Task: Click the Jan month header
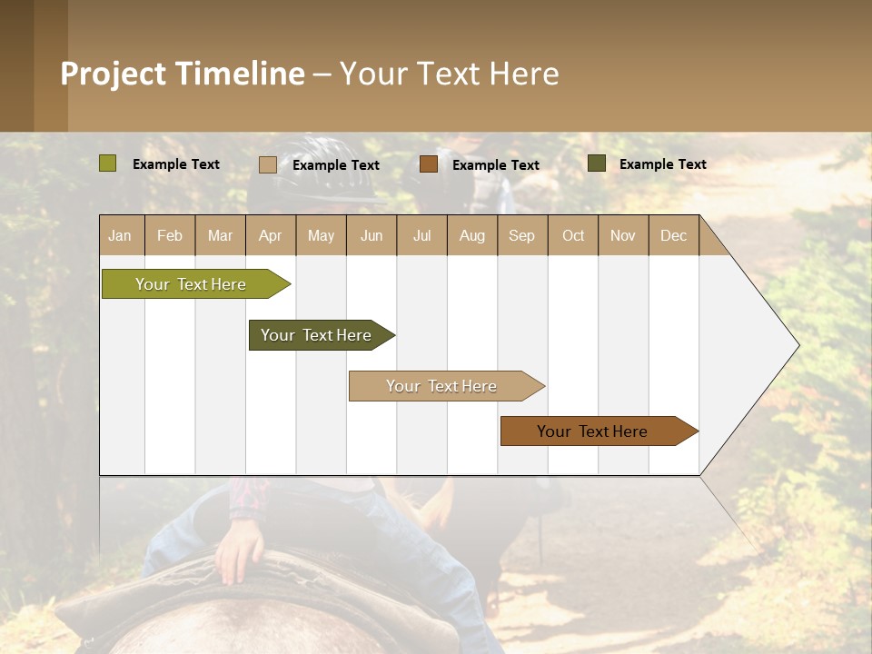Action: pos(121,235)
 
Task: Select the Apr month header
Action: pos(271,235)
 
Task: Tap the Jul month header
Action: pos(421,235)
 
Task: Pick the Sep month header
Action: pos(521,235)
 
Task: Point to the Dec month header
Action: pos(673,235)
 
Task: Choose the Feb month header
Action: pos(170,235)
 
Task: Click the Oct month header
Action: pos(573,235)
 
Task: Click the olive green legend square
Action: pos(108,163)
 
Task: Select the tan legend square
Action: pos(268,164)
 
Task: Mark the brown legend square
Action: pos(429,164)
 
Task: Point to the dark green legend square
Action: pos(597,163)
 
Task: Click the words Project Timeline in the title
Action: pos(183,74)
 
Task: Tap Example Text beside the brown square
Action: pos(495,164)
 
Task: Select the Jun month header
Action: pos(372,235)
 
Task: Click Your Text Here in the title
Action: pos(449,74)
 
